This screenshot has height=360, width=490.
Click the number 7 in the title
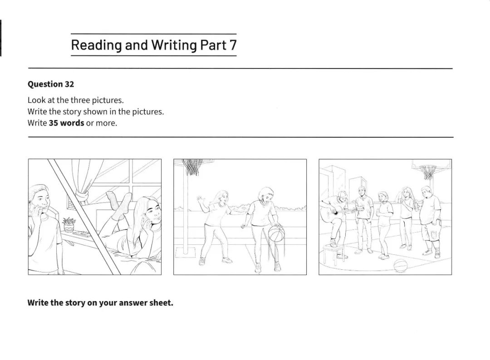pos(233,45)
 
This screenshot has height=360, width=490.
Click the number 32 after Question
pos(69,84)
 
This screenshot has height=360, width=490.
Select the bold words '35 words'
pos(67,123)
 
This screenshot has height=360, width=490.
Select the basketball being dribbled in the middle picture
pos(277,234)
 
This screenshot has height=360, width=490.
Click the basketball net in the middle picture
pos(192,167)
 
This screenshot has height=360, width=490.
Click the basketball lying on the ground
pos(400,266)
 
